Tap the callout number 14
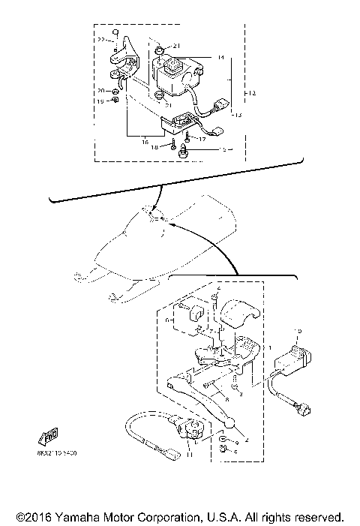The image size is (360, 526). coord(220,57)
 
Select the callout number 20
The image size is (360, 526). coord(101,90)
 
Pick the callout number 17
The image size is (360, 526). coord(201,138)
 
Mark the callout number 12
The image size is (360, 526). coord(252,93)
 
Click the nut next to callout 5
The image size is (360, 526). coord(222,449)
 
